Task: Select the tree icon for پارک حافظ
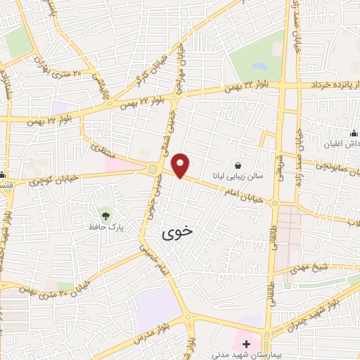tap(105, 213)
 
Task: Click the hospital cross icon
tap(246, 344)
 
